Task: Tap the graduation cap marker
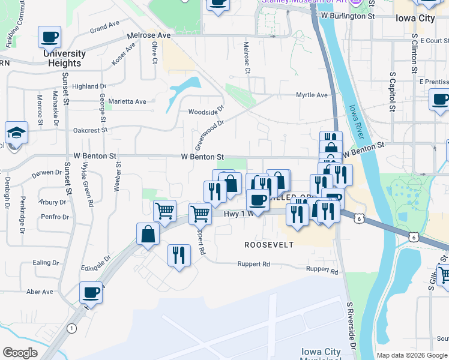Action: point(16,133)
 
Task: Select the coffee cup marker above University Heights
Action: point(49,37)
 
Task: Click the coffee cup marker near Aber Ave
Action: point(91,292)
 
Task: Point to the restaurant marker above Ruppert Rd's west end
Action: point(178,255)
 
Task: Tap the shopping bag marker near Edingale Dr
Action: point(148,234)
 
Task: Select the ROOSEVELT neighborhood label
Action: point(269,245)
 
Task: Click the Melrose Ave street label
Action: point(148,35)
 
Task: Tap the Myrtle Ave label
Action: point(312,95)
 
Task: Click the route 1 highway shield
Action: point(72,328)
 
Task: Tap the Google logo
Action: point(20,353)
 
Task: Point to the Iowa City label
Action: point(415,18)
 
